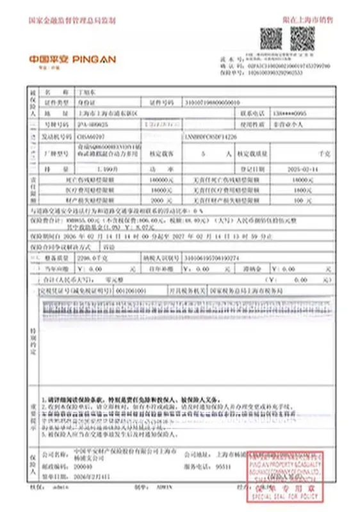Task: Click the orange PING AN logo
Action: [x=72, y=59]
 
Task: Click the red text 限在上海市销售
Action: [x=313, y=20]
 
